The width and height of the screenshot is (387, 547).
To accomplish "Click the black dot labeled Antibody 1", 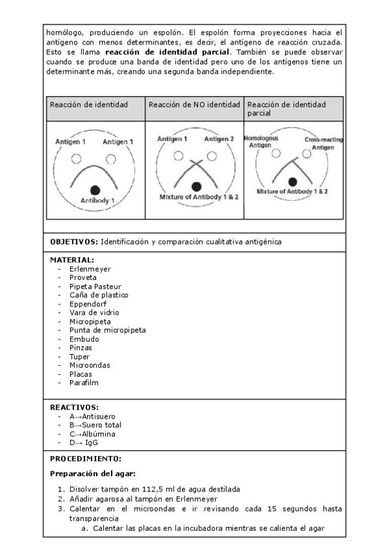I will tap(95, 189).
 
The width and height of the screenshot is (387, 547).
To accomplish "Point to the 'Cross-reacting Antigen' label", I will tap(322, 143).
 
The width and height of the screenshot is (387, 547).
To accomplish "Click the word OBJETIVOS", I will tap(74, 241).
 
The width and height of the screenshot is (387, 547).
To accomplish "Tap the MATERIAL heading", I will tap(72, 259).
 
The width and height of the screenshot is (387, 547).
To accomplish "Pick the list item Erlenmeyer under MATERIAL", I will tap(90, 268).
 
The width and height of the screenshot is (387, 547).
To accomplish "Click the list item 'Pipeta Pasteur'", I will tap(95, 286).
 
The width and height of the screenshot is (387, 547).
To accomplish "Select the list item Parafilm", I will tap(84, 383).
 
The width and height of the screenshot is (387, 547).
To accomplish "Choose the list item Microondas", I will tap(90, 365).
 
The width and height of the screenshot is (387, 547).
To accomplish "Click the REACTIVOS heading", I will tap(74, 407).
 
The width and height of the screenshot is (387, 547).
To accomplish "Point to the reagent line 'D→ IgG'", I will tap(84, 443).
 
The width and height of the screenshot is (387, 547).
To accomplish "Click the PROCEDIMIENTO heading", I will tap(85, 459).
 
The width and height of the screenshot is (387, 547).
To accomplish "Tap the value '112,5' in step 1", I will tap(168, 489).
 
